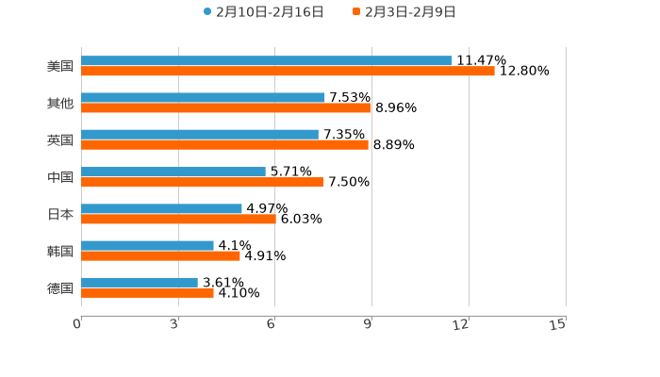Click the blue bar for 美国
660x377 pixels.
pyautogui.click(x=267, y=61)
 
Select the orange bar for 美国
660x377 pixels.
pyautogui.click(x=288, y=72)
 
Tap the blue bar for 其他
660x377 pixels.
pyautogui.click(x=203, y=98)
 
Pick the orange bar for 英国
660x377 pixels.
pyautogui.click(x=224, y=145)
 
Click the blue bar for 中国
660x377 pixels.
pyautogui.click(x=173, y=172)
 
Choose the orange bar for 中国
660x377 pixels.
pyautogui.click(x=202, y=182)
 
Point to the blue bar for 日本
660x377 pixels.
pyautogui.click(x=161, y=208)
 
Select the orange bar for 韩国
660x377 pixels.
pyautogui.click(x=160, y=255)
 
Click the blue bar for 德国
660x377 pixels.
pyautogui.click(x=140, y=282)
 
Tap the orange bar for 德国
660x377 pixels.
pyautogui.click(x=147, y=292)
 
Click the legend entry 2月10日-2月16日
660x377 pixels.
pyautogui.click(x=264, y=12)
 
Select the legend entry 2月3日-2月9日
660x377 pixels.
pyautogui.click(x=404, y=12)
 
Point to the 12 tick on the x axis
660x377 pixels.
pyautogui.click(x=461, y=324)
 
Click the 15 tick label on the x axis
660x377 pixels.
pyautogui.click(x=558, y=324)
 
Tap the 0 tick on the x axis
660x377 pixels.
pyautogui.click(x=77, y=324)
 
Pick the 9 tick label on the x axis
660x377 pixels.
pyautogui.click(x=369, y=324)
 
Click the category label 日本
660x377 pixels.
pyautogui.click(x=60, y=214)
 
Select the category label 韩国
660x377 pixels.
pyautogui.click(x=60, y=251)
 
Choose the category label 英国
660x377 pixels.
pyautogui.click(x=60, y=140)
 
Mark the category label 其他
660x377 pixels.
pyautogui.click(x=60, y=104)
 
